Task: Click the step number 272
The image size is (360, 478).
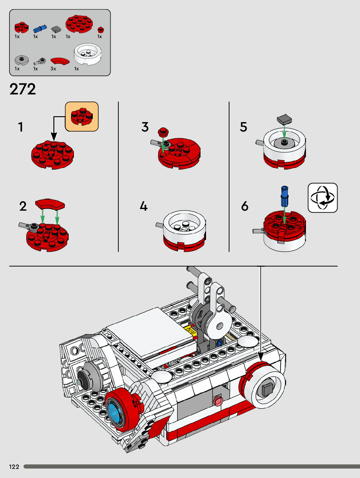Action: tap(23, 89)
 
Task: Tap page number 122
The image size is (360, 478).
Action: tap(14, 467)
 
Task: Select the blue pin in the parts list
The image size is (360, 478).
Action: tap(40, 29)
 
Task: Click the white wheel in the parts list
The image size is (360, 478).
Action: tap(88, 54)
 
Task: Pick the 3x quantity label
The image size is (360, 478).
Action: tap(53, 69)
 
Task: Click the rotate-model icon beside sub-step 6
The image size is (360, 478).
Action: tap(323, 198)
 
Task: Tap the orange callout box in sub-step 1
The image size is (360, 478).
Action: tap(82, 117)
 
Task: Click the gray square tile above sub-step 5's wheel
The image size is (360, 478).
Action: tap(284, 119)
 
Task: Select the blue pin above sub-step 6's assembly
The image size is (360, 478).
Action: tap(284, 196)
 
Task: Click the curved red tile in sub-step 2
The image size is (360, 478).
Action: tap(50, 204)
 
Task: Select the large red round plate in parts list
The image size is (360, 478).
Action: tap(79, 24)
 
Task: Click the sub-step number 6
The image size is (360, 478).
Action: tap(245, 206)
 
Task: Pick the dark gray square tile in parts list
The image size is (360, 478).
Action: tap(56, 29)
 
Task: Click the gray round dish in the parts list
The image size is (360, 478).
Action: tap(21, 60)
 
